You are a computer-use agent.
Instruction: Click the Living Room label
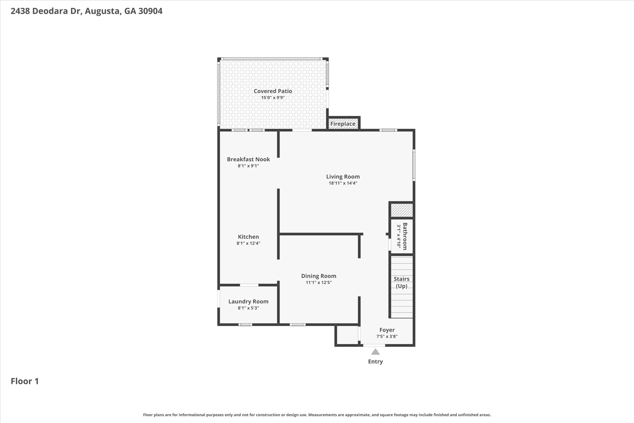343,177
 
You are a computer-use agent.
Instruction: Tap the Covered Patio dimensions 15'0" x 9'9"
273,98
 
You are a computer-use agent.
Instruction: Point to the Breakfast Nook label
248,159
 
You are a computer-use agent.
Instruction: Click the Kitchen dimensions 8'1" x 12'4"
248,243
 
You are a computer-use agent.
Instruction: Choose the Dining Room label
319,276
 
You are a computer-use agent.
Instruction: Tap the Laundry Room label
248,302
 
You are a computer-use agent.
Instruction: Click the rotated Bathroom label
405,236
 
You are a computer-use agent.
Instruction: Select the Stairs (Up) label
402,282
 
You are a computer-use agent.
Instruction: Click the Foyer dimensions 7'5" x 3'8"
387,337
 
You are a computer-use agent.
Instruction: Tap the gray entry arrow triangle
375,352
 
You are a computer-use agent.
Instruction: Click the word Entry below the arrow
375,361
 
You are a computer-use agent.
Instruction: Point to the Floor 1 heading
25,381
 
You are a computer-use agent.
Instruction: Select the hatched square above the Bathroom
402,210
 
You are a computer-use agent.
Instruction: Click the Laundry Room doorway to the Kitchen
249,285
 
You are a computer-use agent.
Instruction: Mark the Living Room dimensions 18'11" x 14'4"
343,183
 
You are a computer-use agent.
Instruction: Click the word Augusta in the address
102,11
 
